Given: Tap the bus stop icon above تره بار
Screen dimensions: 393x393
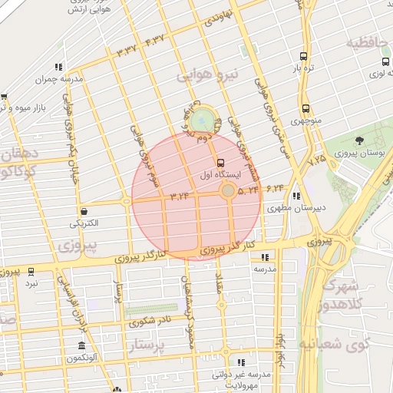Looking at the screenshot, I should (303, 56).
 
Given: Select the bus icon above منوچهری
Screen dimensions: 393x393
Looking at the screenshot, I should (306, 108).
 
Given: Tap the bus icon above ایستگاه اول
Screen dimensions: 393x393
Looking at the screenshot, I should (221, 163).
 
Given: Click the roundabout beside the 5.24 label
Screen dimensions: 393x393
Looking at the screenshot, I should (228, 190).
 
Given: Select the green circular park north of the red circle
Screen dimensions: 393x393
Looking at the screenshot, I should (203, 120).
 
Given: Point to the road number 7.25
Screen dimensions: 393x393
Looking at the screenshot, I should (316, 160).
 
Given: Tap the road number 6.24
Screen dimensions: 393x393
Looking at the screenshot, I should (276, 187).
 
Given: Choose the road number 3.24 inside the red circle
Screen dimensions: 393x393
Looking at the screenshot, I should (179, 196).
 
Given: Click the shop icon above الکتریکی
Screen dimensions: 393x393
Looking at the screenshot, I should (83, 211).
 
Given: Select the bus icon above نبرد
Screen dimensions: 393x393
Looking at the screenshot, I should (31, 271).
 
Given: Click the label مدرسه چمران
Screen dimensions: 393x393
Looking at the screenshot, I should (58, 78).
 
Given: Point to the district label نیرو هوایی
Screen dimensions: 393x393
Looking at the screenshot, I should (207, 75).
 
